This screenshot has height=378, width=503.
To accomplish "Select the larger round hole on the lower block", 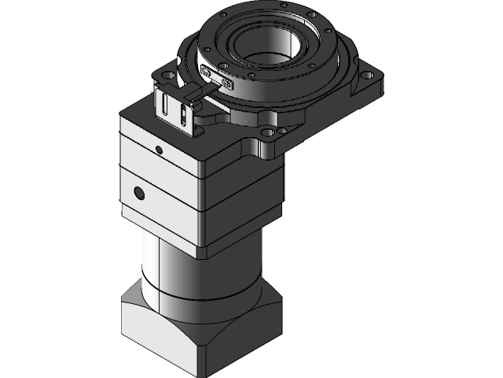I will [x=139, y=192].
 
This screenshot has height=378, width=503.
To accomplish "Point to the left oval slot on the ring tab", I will [x=208, y=72].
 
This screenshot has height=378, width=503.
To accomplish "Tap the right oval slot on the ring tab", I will [x=227, y=82].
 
